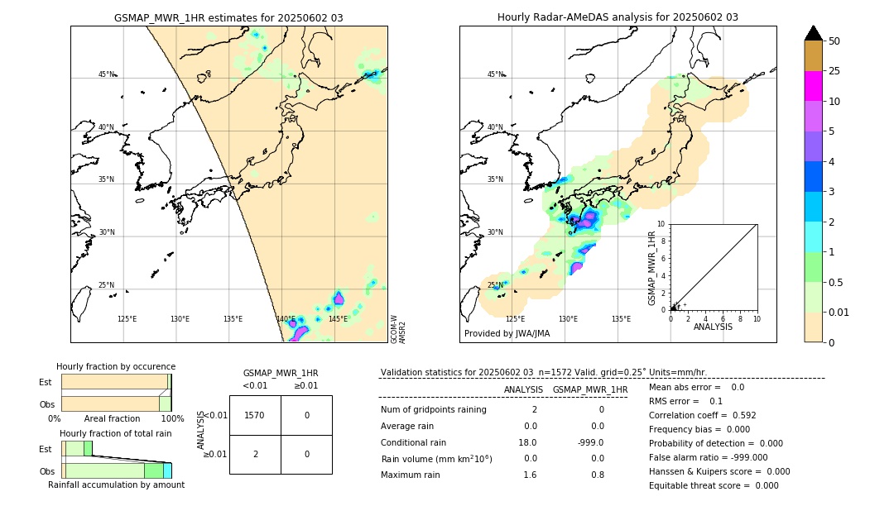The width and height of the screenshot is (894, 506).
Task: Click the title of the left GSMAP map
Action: (228, 17)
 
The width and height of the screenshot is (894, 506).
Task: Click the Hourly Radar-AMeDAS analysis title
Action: (618, 17)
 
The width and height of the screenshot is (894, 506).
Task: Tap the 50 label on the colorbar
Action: (834, 41)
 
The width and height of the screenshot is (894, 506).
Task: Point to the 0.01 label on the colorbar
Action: (839, 313)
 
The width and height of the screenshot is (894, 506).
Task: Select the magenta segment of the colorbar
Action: (814, 86)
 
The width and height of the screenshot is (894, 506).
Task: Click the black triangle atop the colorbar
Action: (814, 33)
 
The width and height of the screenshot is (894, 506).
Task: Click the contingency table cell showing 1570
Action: (255, 415)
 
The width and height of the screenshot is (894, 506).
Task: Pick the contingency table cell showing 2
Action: (255, 454)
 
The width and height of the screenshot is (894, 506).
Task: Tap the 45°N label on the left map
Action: (106, 74)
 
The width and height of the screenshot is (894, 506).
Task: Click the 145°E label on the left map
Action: (338, 319)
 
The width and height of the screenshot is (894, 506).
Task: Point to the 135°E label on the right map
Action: (621, 319)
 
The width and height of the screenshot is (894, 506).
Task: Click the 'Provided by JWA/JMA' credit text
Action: (507, 334)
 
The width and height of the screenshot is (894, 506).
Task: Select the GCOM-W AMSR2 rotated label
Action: (398, 327)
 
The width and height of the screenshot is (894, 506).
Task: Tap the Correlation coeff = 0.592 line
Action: (702, 416)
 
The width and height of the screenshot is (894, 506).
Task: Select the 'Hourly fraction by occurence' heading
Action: (116, 366)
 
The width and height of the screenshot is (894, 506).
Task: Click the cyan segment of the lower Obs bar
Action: (167, 470)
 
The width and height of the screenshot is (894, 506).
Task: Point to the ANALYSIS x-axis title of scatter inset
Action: (713, 327)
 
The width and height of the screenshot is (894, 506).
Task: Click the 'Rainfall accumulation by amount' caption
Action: (116, 485)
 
